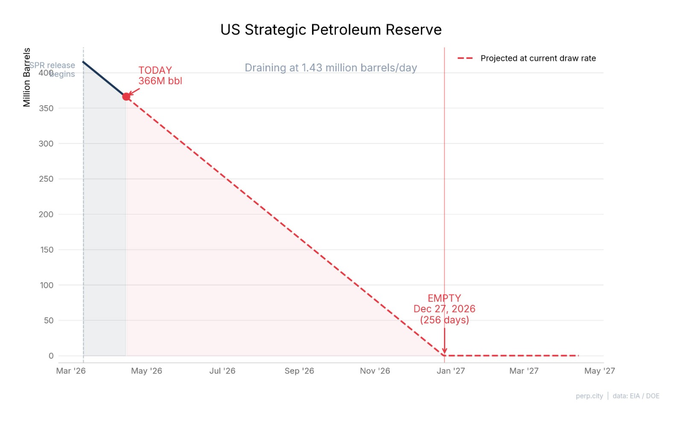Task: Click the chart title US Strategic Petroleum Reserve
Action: pyautogui.click(x=331, y=30)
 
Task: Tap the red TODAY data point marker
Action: pyautogui.click(x=126, y=97)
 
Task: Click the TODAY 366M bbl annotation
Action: pyautogui.click(x=160, y=75)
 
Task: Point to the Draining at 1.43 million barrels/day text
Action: pyautogui.click(x=331, y=68)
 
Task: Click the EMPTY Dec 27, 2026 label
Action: pyautogui.click(x=444, y=309)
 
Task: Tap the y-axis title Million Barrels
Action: pyautogui.click(x=27, y=77)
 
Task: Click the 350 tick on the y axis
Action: pyautogui.click(x=46, y=108)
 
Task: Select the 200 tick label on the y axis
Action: pyautogui.click(x=46, y=214)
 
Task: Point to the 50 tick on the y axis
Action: pyautogui.click(x=49, y=320)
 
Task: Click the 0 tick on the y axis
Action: pyautogui.click(x=51, y=356)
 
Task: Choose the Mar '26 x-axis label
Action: pyautogui.click(x=71, y=371)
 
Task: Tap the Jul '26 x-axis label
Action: pyautogui.click(x=222, y=371)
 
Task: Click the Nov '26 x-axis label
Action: pyautogui.click(x=375, y=371)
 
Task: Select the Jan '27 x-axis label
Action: pyautogui.click(x=451, y=371)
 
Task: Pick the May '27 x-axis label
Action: pyautogui.click(x=599, y=371)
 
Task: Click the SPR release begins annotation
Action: pyautogui.click(x=53, y=70)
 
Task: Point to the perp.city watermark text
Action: pyautogui.click(x=589, y=396)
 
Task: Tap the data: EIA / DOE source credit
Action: pyautogui.click(x=636, y=396)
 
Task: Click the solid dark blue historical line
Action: pyautogui.click(x=104, y=79)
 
